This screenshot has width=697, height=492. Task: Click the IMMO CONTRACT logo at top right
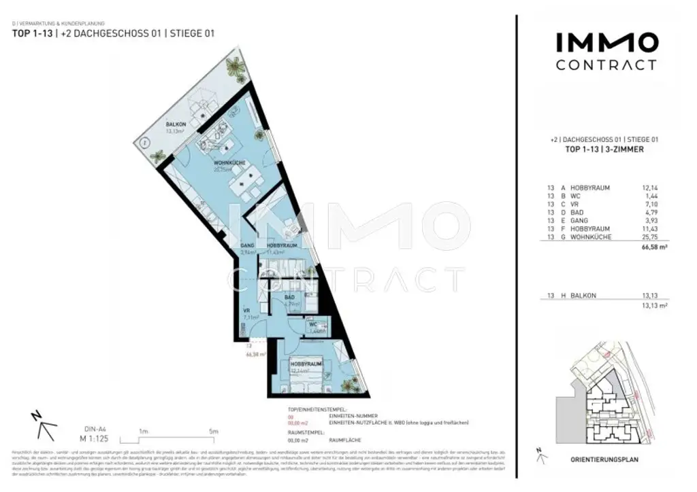pyautogui.click(x=606, y=52)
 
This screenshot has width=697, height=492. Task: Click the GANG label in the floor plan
pyautogui.click(x=247, y=245)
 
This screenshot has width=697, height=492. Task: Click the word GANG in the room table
pyautogui.click(x=580, y=220)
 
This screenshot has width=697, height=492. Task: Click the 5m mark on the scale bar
pyautogui.click(x=213, y=432)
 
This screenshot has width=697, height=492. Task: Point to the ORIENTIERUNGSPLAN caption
pyautogui.click(x=605, y=459)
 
